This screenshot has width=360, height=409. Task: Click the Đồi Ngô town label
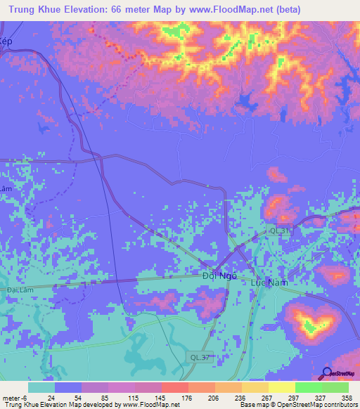(x=219, y=276)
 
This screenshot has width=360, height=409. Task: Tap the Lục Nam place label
(x=270, y=281)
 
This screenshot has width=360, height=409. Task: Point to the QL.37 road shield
(x=200, y=358)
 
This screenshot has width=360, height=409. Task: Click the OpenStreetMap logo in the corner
(x=337, y=374)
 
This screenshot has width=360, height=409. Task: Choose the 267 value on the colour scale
(x=262, y=398)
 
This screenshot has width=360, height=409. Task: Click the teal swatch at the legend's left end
(x=41, y=387)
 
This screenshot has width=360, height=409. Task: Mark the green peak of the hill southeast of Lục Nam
(x=309, y=325)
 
